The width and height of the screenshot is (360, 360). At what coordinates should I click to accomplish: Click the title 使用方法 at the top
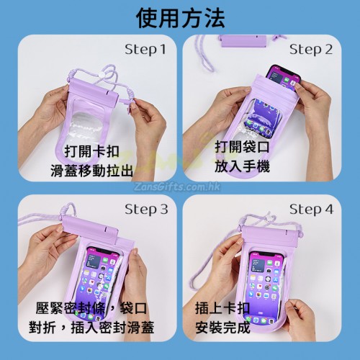tap(180, 18)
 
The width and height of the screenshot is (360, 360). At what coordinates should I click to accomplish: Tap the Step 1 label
tap(145, 50)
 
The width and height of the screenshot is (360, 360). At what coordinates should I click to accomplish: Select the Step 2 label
tap(311, 50)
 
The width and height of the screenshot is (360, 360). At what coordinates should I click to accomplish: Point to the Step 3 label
tap(146, 210)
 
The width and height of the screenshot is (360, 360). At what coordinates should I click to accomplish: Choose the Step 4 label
tap(311, 210)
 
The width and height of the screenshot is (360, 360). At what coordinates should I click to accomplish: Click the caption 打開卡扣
tap(92, 151)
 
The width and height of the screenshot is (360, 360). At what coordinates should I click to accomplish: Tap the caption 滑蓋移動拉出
tap(92, 171)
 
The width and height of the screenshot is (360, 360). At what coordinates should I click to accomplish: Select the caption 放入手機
tap(242, 166)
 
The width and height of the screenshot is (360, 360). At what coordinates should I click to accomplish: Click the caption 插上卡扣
tap(222, 308)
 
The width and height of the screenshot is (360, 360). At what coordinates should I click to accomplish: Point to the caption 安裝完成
tap(222, 328)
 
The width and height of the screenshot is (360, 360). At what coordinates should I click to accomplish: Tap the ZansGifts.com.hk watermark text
tap(177, 186)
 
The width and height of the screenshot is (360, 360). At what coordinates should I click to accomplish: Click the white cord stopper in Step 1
tap(102, 76)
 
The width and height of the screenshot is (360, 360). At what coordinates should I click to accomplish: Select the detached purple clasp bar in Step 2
tap(243, 41)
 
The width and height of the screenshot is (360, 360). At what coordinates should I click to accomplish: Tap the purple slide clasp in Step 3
tap(90, 228)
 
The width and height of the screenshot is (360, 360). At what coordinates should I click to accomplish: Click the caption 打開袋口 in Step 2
tap(242, 147)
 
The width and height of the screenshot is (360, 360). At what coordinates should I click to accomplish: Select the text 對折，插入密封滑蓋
tap(91, 328)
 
